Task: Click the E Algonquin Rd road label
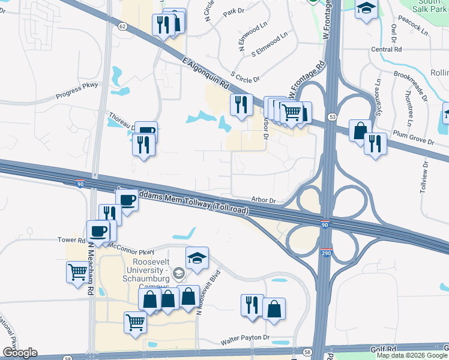(x=206, y=71)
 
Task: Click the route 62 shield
(x=122, y=26)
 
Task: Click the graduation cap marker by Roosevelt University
(x=197, y=258)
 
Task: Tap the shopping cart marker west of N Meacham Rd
(x=77, y=272)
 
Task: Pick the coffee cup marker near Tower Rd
(x=98, y=230)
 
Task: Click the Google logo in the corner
(x=20, y=352)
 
